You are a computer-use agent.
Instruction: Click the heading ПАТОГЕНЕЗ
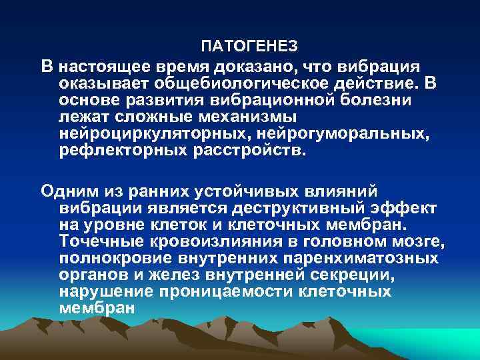249,47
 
